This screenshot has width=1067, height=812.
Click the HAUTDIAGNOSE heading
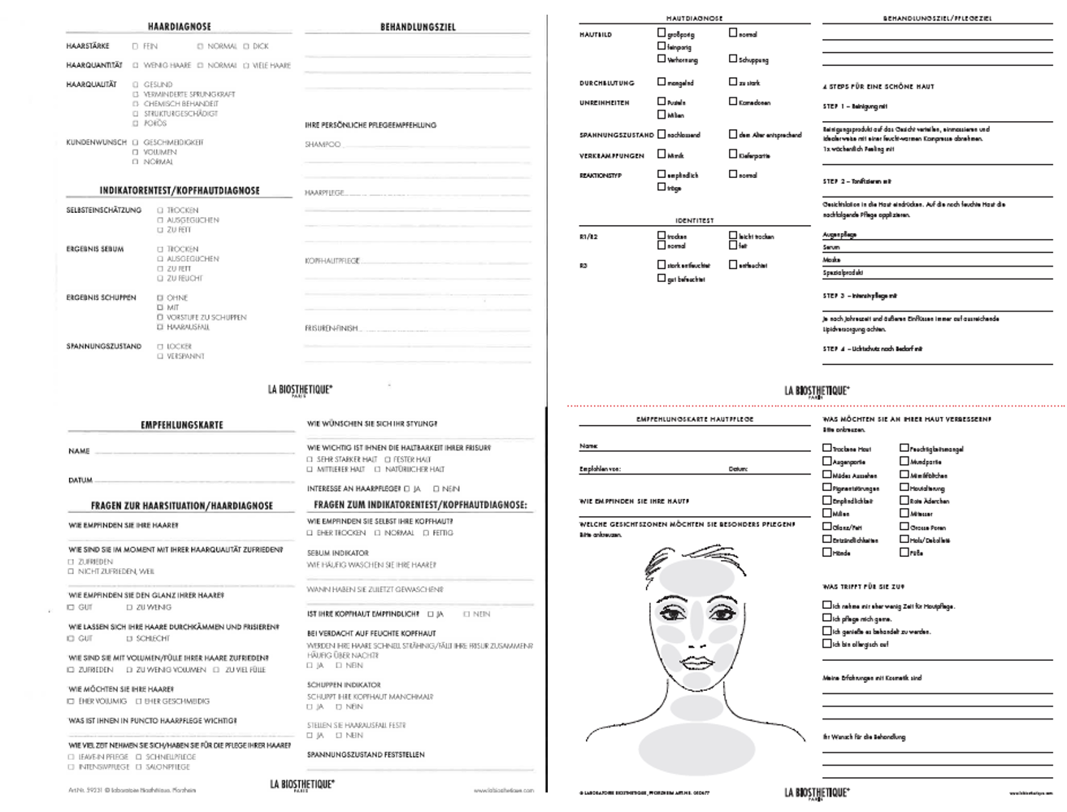(694, 18)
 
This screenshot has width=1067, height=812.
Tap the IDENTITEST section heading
(694, 220)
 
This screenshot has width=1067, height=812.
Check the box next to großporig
(661, 34)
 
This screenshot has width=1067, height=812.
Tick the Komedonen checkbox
(733, 102)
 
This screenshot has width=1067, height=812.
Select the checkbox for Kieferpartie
(733, 154)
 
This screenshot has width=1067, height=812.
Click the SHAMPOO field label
(323, 145)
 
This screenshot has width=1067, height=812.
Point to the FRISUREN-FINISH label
(332, 328)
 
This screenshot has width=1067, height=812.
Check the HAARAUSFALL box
(160, 327)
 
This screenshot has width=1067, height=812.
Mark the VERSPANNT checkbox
(160, 356)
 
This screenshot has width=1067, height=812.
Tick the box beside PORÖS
(136, 124)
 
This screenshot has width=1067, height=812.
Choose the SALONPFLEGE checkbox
(139, 766)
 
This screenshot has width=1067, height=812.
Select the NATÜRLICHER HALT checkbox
(377, 469)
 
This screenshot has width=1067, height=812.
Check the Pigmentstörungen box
(827, 488)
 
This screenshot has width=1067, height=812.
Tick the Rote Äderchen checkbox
(904, 501)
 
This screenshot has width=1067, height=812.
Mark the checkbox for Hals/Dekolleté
(904, 539)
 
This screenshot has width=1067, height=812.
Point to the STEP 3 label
(834, 296)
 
